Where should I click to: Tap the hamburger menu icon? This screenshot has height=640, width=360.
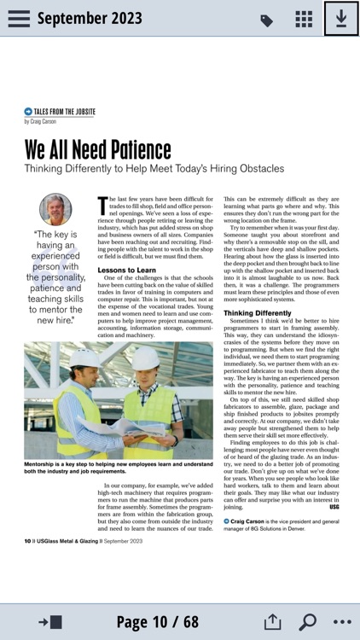pyautogui.click(x=19, y=19)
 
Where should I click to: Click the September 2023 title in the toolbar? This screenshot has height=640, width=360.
pyautogui.click(x=90, y=19)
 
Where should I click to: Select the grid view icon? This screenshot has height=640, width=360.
pyautogui.click(x=304, y=20)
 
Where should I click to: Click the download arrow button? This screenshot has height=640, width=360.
pyautogui.click(x=341, y=19)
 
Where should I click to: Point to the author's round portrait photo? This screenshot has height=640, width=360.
pyautogui.click(x=55, y=209)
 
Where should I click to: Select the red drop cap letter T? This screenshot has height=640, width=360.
pyautogui.click(x=102, y=206)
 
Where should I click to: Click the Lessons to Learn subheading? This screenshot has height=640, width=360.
pyautogui.click(x=126, y=270)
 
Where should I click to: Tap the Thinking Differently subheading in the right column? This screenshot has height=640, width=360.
pyautogui.click(x=257, y=313)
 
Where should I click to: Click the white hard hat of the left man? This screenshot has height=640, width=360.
pyautogui.click(x=86, y=358)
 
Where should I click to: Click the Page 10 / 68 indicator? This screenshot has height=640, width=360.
pyautogui.click(x=157, y=621)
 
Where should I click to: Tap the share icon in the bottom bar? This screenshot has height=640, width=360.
pyautogui.click(x=272, y=621)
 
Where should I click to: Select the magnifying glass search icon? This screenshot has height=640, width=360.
pyautogui.click(x=307, y=621)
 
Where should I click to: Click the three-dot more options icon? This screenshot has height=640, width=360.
pyautogui.click(x=342, y=621)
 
